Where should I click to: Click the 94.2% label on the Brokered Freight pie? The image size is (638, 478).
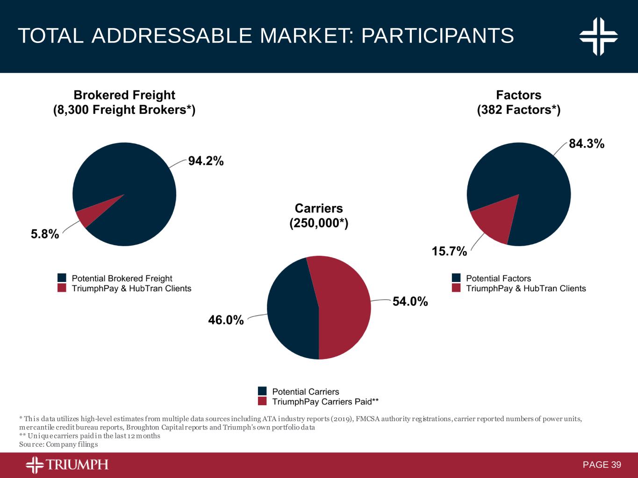(x=206, y=161)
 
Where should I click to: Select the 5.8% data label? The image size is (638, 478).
(x=45, y=234)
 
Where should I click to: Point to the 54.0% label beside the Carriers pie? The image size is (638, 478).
(x=410, y=302)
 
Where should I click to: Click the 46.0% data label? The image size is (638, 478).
(x=226, y=320)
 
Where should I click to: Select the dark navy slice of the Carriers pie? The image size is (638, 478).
(x=292, y=310)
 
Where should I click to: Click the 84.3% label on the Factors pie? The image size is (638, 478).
(x=586, y=144)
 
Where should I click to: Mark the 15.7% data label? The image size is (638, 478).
(x=449, y=252)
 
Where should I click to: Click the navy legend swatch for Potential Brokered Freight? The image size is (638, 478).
(x=62, y=278)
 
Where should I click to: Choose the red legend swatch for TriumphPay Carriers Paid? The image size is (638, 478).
(x=262, y=401)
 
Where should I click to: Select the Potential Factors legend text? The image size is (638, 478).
(x=498, y=278)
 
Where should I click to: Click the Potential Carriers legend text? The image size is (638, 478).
(x=305, y=392)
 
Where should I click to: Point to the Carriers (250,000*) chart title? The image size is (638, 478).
(x=319, y=216)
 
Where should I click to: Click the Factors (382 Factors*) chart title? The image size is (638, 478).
(x=518, y=102)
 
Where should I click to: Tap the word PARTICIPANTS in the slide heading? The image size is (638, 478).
(x=437, y=36)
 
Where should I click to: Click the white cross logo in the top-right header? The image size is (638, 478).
(x=598, y=36)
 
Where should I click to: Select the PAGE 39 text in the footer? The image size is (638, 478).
(x=602, y=464)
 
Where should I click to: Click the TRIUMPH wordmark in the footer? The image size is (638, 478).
(x=77, y=464)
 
